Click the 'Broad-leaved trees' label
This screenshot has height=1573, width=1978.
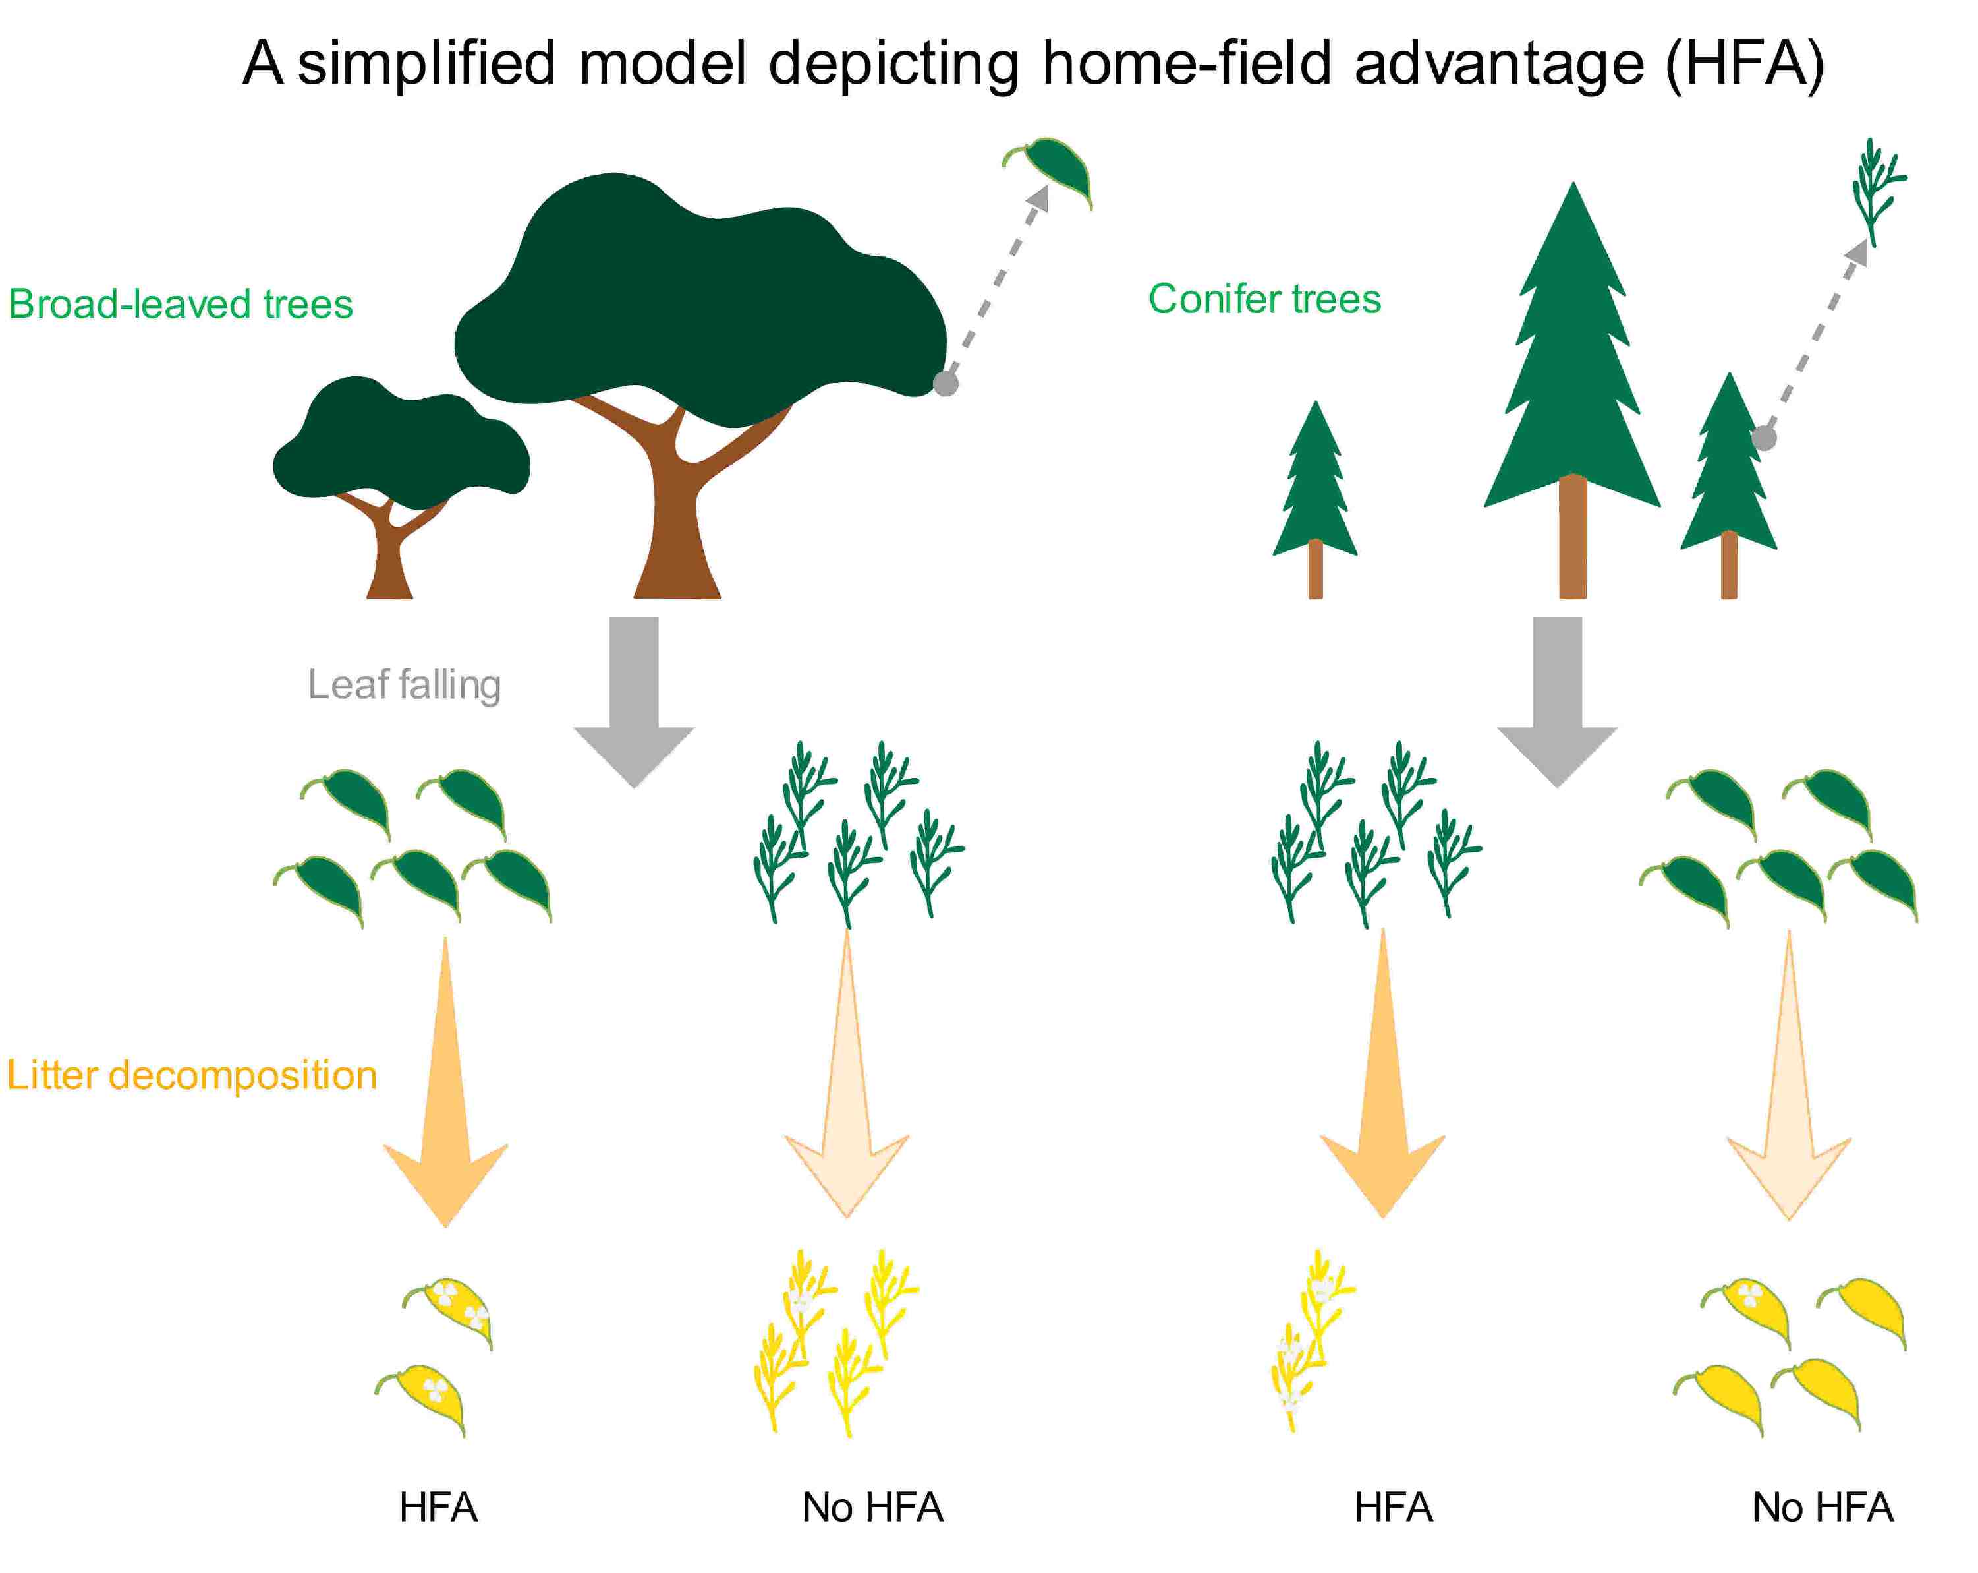point(181,304)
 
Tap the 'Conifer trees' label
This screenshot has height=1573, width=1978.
point(1264,299)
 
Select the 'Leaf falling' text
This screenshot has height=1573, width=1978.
point(404,684)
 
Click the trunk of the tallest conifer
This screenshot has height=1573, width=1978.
point(1573,541)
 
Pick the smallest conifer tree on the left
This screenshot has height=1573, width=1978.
point(1314,496)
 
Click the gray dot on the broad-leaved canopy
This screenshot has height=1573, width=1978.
point(945,382)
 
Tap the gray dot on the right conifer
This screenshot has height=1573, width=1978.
point(1763,438)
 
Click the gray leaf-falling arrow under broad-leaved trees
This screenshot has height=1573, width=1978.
point(634,697)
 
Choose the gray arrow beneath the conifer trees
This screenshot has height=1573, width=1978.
point(1557,697)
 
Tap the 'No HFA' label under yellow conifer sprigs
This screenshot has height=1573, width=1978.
point(872,1507)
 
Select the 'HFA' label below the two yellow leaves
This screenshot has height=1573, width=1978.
point(439,1507)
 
